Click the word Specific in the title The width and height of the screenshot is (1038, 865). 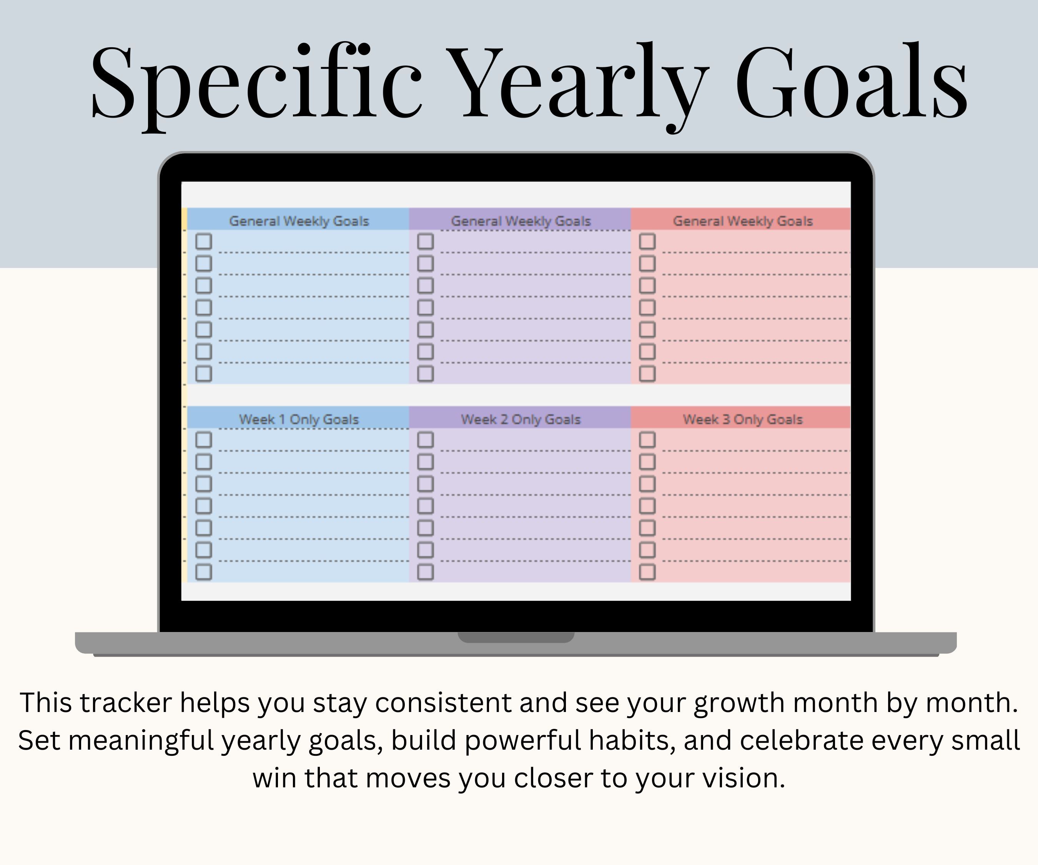click(256, 84)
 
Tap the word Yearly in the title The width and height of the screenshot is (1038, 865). click(580, 86)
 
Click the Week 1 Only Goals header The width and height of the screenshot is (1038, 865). click(299, 419)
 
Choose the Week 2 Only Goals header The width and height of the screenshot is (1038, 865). click(521, 419)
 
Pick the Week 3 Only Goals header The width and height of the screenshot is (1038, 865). click(742, 419)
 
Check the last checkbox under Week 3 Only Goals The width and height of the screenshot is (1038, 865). click(647, 572)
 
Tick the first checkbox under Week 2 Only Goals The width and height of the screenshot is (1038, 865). click(426, 439)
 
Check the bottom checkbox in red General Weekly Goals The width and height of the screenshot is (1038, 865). click(647, 374)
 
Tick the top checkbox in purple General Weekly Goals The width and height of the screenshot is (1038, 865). click(426, 241)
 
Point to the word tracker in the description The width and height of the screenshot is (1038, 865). click(126, 702)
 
